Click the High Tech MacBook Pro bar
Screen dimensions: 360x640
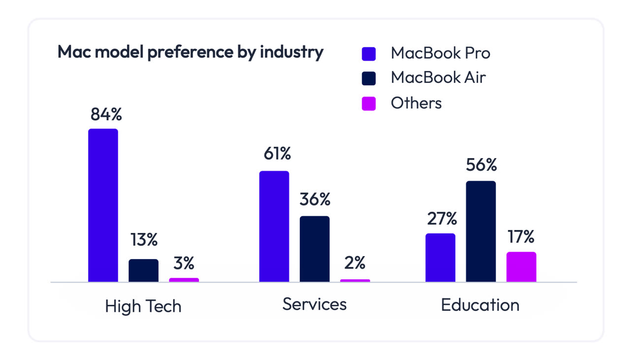(103, 205)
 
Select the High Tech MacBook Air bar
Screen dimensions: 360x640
(143, 270)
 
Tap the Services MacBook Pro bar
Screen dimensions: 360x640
(274, 227)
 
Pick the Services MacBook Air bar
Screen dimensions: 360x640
(315, 249)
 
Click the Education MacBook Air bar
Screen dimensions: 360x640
(481, 231)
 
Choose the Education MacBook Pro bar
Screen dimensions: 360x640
(440, 258)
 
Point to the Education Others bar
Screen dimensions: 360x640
(521, 267)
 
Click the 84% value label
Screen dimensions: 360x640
(106, 114)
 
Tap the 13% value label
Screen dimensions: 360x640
(144, 240)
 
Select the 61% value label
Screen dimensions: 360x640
(277, 154)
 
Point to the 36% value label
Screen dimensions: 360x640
(315, 199)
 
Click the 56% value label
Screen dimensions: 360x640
(481, 165)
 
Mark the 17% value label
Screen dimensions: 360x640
(521, 237)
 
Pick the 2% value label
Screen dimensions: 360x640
(354, 263)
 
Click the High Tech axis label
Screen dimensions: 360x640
(143, 306)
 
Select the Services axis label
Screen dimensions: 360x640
(315, 304)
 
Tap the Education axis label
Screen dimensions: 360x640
(480, 305)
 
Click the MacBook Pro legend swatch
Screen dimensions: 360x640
(369, 54)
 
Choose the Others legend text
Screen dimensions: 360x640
(416, 103)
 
